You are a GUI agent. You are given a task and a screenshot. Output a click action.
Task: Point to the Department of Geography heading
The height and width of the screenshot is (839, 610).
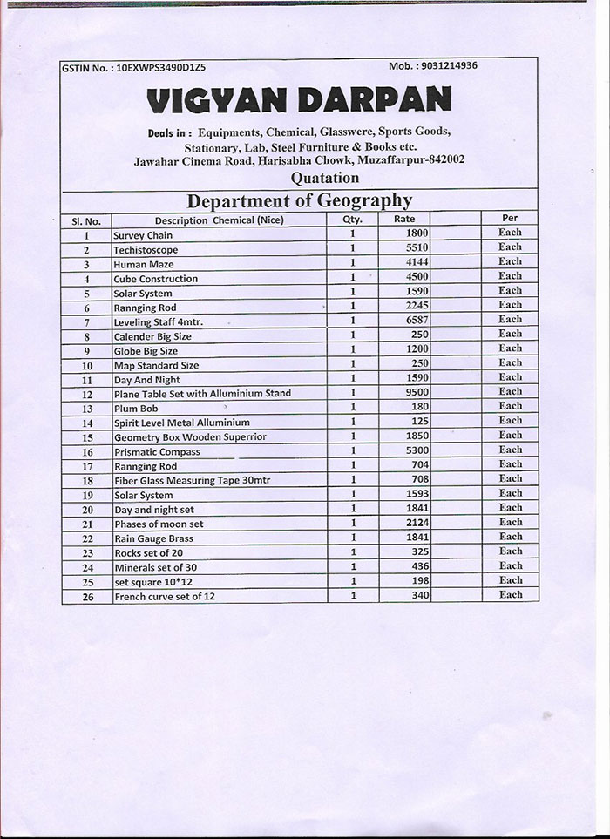299,200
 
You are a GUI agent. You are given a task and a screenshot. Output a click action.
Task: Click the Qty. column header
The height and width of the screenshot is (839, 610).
351,220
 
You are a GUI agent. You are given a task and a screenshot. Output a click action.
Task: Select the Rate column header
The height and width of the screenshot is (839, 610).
404,220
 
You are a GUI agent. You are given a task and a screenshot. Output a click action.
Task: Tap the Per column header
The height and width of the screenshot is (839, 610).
510,218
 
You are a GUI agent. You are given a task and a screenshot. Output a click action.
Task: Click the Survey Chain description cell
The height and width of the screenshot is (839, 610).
143,235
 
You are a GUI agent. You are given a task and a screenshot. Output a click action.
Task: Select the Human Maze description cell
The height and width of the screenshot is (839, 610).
144,264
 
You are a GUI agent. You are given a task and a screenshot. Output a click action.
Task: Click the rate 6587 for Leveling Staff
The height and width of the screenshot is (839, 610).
417,320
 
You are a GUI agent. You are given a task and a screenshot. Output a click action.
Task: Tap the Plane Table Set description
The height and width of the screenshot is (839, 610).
202,393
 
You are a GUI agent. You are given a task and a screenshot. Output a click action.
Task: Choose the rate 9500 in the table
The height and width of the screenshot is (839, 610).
417,392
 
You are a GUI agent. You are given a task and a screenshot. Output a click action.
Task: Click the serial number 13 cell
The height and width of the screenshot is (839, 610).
87,409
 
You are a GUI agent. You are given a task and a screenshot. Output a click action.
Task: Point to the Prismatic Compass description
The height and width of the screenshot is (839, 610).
157,452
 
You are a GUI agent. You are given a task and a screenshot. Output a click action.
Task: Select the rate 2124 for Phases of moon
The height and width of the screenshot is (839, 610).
417,523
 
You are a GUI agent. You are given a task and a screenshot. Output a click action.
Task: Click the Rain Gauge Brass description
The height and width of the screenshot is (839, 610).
153,538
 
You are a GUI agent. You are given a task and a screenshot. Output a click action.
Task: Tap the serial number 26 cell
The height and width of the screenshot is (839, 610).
87,597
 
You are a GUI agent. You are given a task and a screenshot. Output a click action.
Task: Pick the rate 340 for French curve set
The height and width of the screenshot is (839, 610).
420,595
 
